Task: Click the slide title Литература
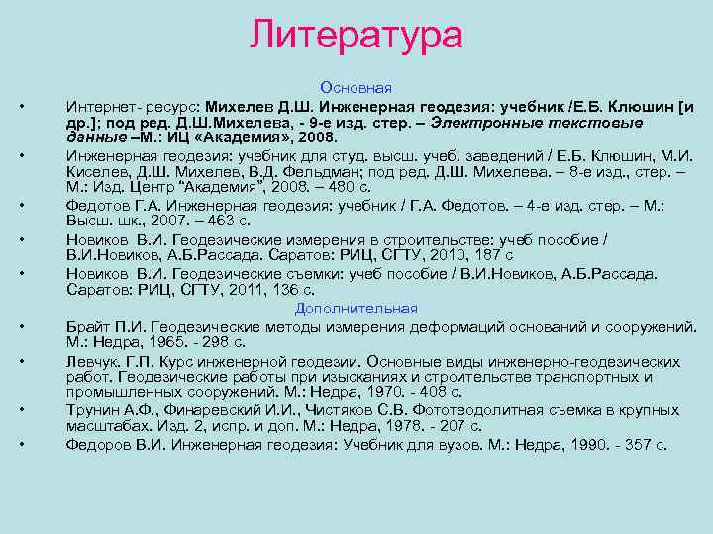356,35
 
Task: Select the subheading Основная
356,88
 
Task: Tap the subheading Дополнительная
356,309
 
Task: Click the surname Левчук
91,361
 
